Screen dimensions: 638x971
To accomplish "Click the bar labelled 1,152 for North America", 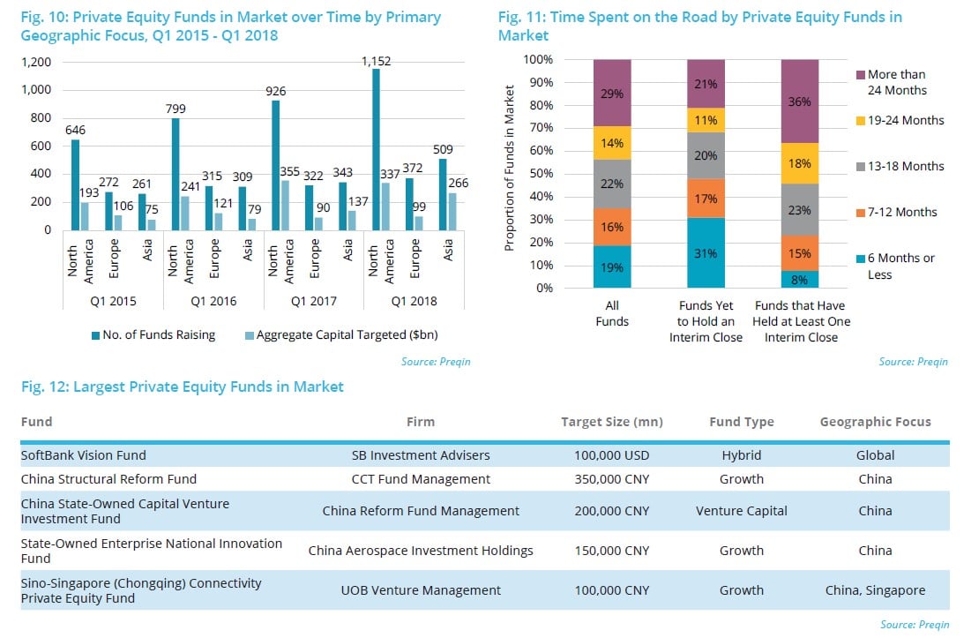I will (x=377, y=149).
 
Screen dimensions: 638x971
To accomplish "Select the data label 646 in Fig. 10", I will (x=76, y=129).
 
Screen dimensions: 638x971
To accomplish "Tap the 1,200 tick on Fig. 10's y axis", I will (x=35, y=63).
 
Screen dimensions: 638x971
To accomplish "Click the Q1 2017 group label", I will (x=313, y=301).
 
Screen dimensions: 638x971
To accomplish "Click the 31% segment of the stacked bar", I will (x=705, y=253).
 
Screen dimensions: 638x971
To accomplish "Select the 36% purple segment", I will (x=799, y=101).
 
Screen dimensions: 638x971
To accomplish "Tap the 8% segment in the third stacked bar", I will (x=799, y=279).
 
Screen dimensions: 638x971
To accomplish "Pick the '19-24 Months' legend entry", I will (x=905, y=121).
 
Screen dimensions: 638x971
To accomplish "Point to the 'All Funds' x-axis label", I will (x=611, y=313).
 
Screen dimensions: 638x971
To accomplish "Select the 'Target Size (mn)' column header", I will (x=611, y=422).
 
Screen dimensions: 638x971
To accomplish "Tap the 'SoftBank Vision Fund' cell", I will (x=83, y=455).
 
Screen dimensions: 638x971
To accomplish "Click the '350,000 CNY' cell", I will (x=611, y=479).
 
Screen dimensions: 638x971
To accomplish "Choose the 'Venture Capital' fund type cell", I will (x=741, y=511).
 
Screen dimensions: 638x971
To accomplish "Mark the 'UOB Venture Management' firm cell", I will (x=420, y=590).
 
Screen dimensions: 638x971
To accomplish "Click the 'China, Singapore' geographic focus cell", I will (x=875, y=590).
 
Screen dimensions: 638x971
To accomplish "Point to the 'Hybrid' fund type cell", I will (x=741, y=455).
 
